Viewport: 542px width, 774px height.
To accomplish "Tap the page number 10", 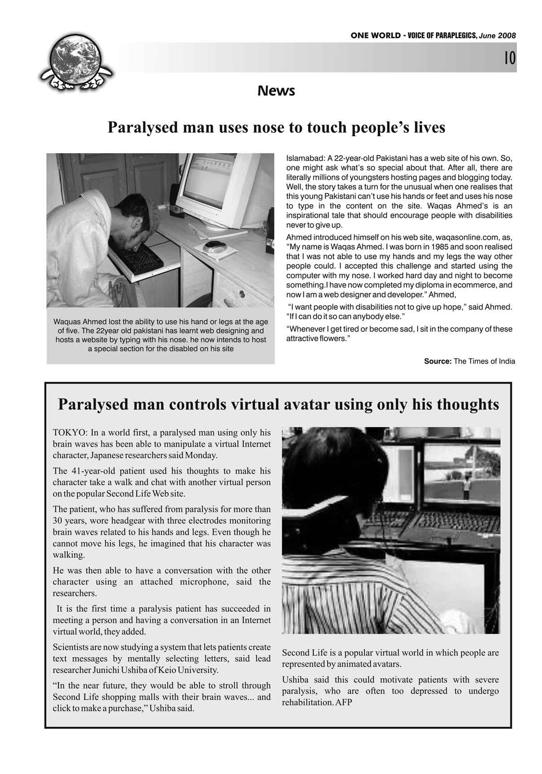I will [x=509, y=58].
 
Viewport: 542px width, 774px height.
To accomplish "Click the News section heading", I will [x=276, y=91].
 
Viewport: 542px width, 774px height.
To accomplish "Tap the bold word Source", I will [x=437, y=361].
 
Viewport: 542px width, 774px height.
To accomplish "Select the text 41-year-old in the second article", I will [x=93, y=471].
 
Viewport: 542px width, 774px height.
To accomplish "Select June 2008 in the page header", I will [x=497, y=36].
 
